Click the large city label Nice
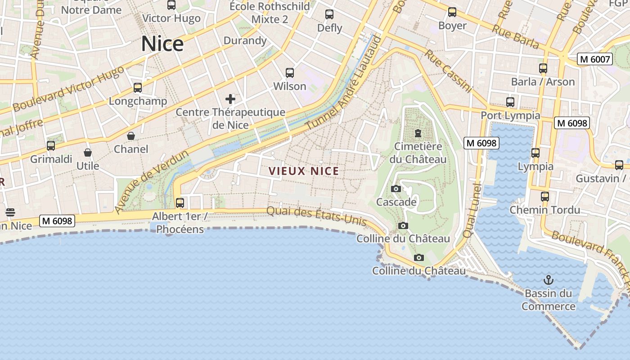[x=162, y=44]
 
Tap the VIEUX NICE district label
[x=303, y=171]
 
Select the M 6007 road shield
[x=595, y=59]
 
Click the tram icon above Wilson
[x=290, y=72]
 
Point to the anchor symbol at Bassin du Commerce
[x=548, y=280]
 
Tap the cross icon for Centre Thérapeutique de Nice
[x=230, y=99]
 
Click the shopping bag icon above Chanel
[x=131, y=135]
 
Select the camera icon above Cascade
[x=396, y=189]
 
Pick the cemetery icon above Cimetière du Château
[x=418, y=133]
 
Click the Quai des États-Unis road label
[x=316, y=216]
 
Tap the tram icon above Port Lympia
[x=510, y=102]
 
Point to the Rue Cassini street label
[x=448, y=71]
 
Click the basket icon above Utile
[x=88, y=153]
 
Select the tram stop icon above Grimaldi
[x=51, y=146]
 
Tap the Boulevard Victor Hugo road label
[x=68, y=89]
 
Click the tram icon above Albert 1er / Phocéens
[x=180, y=202]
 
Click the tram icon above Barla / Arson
[x=543, y=68]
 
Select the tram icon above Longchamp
[x=138, y=88]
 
